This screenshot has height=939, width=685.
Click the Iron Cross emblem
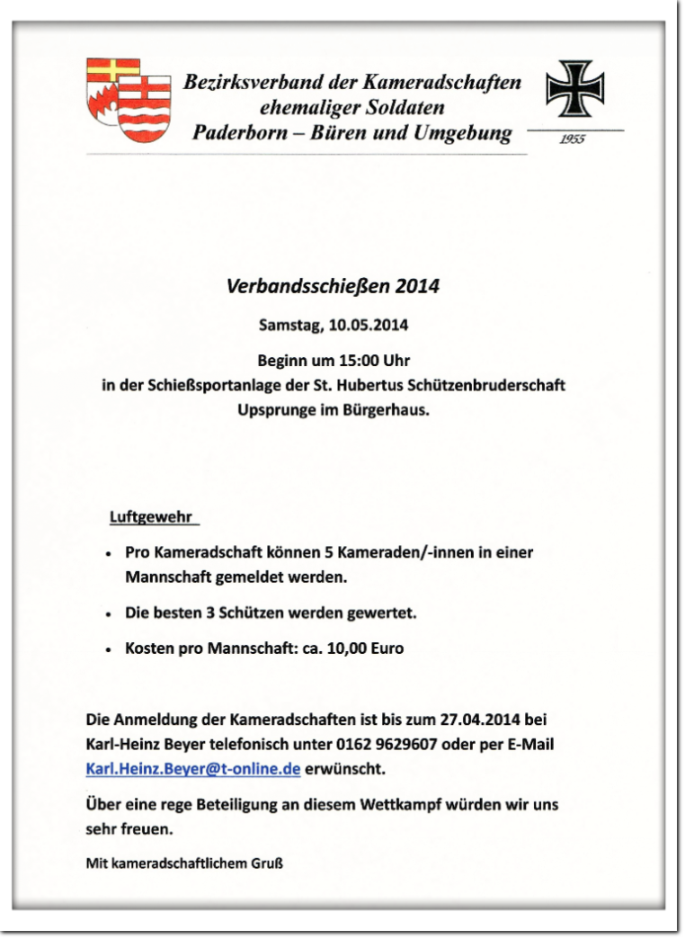coord(575,90)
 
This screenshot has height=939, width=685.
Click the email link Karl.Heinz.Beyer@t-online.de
coord(192,769)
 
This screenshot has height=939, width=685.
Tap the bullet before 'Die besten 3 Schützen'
coord(108,614)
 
